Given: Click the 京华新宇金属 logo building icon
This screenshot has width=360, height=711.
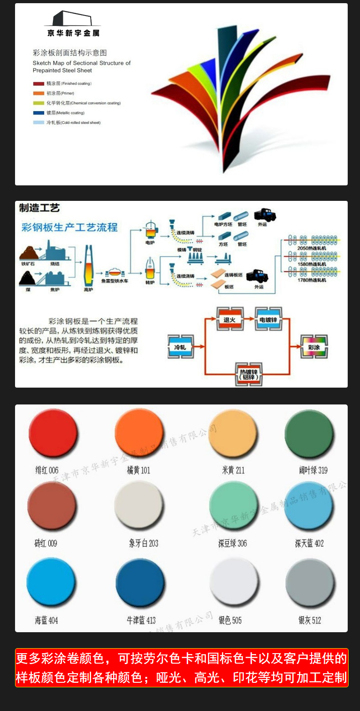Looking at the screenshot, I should [72, 19].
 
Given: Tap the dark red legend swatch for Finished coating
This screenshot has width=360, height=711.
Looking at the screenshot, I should [38, 84].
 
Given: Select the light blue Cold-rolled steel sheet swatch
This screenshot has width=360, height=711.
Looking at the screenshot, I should [38, 123].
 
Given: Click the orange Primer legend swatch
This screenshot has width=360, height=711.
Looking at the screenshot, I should [38, 93].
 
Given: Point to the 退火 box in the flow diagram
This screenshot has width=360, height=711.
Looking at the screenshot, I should [230, 320].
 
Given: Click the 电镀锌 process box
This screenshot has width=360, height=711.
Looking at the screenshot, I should [268, 320].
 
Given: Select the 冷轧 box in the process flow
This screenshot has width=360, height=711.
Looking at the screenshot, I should [180, 347].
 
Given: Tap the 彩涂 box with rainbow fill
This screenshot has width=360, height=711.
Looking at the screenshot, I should [314, 347].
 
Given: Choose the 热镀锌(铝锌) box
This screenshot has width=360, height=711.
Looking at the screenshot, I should [249, 374].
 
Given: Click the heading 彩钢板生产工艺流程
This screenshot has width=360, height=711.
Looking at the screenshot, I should [70, 227].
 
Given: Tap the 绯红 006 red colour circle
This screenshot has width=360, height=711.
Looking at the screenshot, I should [52, 433].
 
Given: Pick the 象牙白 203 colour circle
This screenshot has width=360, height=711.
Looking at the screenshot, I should [139, 505].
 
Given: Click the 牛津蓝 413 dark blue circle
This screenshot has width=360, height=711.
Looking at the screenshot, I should [139, 582].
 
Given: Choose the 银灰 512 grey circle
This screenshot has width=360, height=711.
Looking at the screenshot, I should [310, 582].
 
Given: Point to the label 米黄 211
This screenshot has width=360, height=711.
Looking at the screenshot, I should [233, 470].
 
